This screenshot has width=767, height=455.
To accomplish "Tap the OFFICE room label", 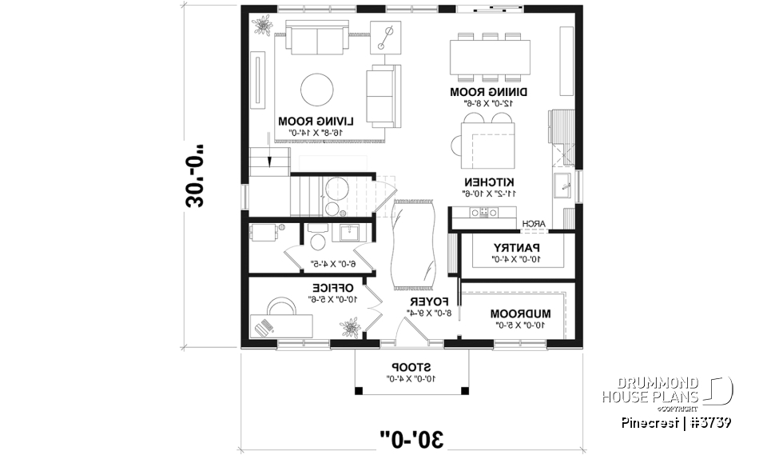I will [332, 287].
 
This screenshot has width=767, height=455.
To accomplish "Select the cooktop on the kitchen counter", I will [483, 213].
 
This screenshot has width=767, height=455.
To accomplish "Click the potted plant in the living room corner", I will [261, 25].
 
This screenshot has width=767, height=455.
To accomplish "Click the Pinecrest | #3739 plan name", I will [677, 422].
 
